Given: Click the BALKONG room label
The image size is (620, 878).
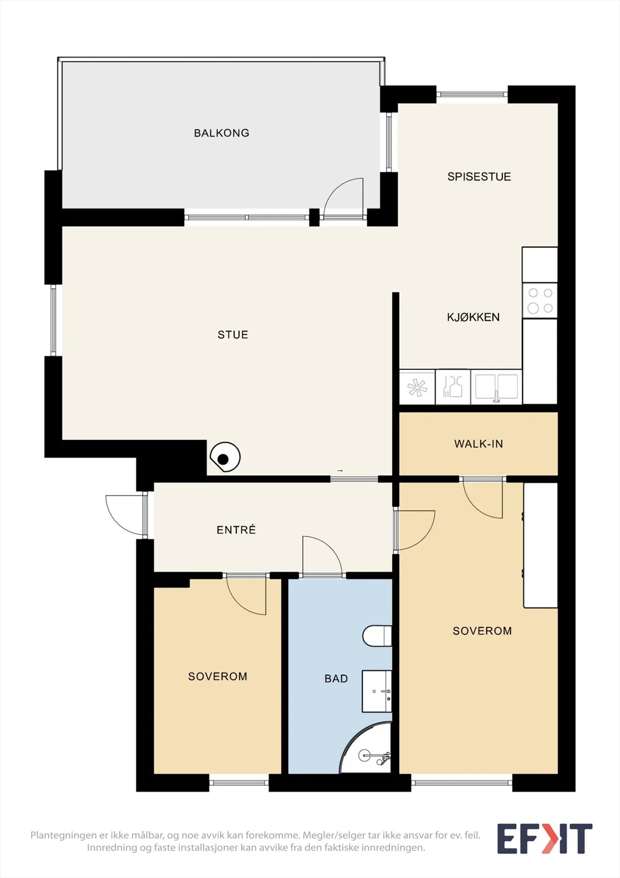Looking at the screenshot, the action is [221, 133].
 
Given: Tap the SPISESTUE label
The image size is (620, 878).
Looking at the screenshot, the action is [479, 177].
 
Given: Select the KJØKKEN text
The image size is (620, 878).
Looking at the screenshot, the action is [473, 317].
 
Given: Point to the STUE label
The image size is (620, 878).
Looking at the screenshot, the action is [233, 335].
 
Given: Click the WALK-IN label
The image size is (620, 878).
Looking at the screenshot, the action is [479, 444].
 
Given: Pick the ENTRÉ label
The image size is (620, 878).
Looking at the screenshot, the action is [236, 530].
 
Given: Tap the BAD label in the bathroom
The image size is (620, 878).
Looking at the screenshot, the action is [336, 678].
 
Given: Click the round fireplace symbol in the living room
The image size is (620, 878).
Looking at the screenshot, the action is [225, 458].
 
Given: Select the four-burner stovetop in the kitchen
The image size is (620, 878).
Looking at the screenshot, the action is [540, 301].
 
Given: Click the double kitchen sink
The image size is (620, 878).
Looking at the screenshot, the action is [496, 387].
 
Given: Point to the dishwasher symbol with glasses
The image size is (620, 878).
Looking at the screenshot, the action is [453, 387].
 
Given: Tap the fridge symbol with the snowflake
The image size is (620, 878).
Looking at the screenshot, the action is [417, 387].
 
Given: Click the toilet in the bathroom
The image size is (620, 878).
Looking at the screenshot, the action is [377, 636].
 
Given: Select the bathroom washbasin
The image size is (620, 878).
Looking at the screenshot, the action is [377, 691].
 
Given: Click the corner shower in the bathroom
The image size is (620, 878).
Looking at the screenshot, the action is [366, 747].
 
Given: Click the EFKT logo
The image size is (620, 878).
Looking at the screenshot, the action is [545, 838].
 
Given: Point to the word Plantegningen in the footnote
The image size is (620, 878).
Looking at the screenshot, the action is [64, 835].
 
